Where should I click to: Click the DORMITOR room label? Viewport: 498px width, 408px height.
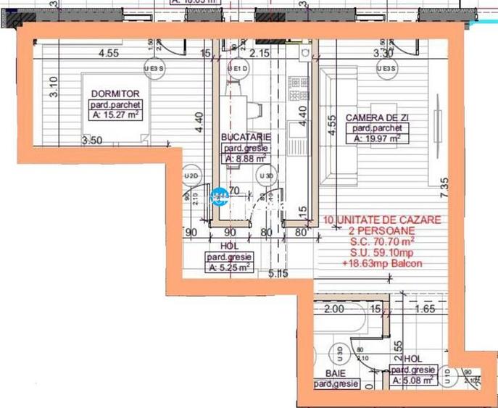110,93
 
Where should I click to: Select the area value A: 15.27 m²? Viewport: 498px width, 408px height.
114,114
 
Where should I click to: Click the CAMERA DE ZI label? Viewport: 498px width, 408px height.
375,117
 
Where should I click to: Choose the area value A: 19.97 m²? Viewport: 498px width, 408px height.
376,138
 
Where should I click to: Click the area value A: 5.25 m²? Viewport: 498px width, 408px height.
229,266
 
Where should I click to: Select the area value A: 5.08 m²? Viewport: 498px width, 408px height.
413,379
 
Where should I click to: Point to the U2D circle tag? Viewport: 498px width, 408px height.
191,176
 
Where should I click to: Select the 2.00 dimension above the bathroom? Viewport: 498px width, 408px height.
334,309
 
